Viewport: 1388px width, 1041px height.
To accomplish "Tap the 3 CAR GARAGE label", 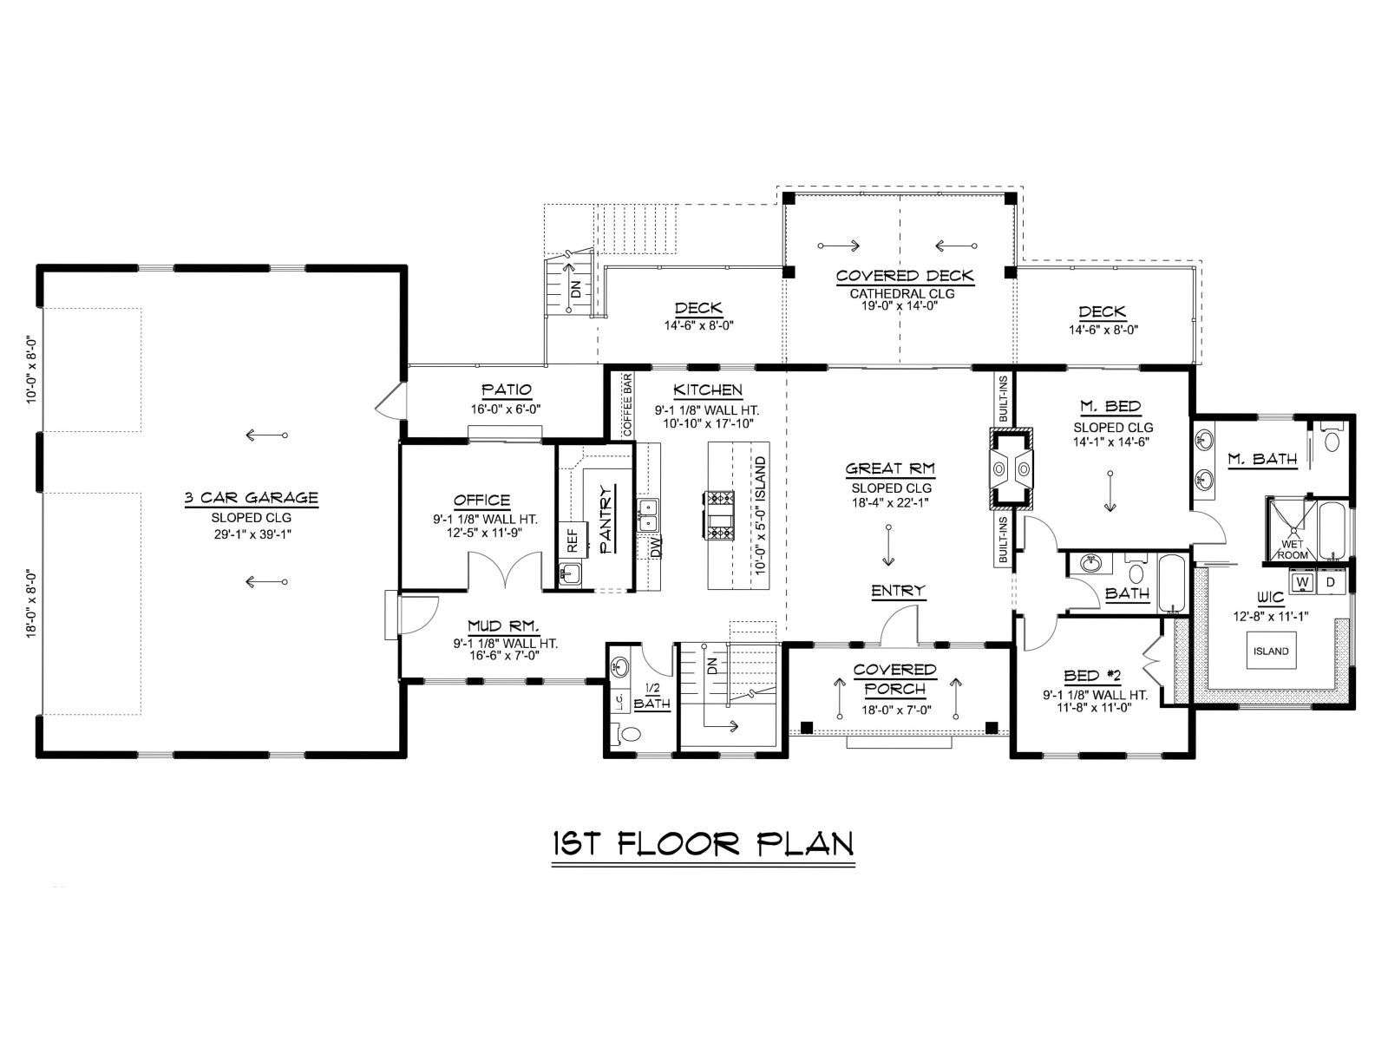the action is click(251, 498).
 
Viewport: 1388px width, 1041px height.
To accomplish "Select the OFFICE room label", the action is click(481, 501).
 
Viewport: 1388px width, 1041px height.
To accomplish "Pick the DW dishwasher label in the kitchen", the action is click(656, 547).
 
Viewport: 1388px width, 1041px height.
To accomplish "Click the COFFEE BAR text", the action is click(627, 405).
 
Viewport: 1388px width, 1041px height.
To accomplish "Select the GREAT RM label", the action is click(890, 469).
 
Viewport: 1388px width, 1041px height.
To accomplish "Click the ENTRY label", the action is click(898, 591).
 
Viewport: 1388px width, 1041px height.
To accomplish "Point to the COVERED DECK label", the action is click(905, 276).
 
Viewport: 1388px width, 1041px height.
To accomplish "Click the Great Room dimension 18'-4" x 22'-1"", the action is click(890, 503).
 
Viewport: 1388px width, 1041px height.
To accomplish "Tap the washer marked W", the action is click(1302, 581).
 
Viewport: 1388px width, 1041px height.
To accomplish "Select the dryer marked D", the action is click(1330, 581).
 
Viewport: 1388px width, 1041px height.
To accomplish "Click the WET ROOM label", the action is click(1293, 550).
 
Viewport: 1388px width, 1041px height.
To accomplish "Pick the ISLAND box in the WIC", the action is click(1271, 651).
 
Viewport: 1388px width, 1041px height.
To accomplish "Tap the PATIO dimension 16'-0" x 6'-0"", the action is click(506, 409).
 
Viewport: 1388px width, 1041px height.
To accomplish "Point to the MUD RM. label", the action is click(503, 626).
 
